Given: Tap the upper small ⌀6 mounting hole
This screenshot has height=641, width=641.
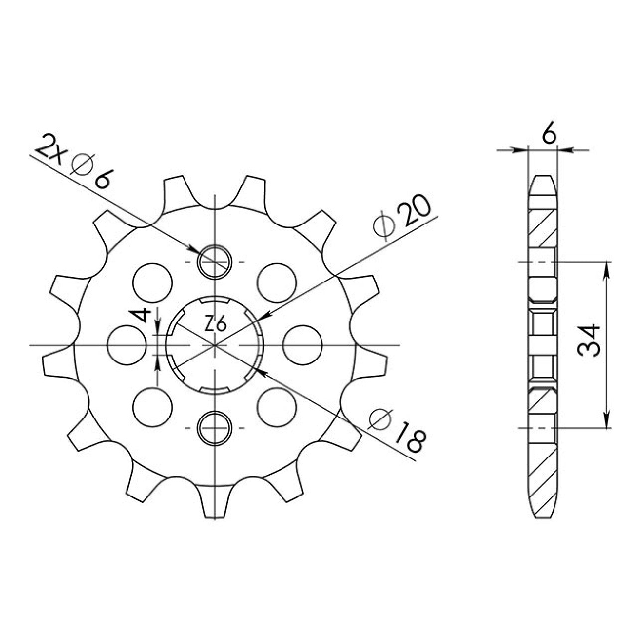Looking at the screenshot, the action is [215, 262].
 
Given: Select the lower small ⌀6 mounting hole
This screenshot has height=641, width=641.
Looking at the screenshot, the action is [215, 428].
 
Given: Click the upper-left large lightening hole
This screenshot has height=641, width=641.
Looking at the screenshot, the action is [152, 283].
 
